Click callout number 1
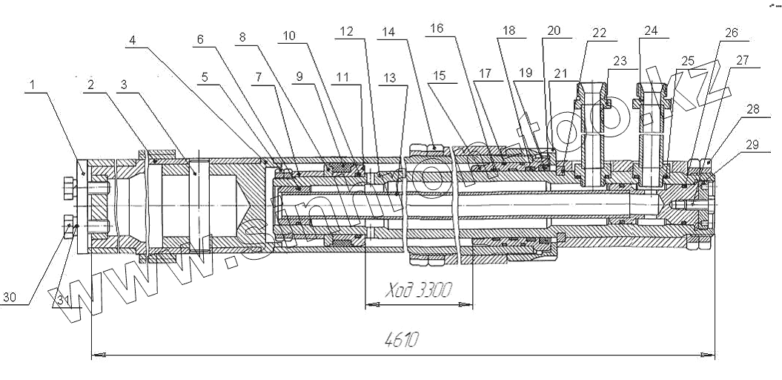click(33, 85)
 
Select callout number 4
click(132, 40)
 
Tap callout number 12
click(347, 31)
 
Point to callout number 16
click(437, 28)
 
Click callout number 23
click(620, 62)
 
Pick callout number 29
click(752, 144)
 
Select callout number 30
click(10, 298)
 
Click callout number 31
click(62, 301)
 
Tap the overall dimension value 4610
click(402, 340)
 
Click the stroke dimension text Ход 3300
click(419, 290)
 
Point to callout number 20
click(554, 30)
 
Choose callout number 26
click(731, 33)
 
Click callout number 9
click(299, 76)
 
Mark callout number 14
click(388, 32)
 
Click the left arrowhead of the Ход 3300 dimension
click(372, 304)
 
